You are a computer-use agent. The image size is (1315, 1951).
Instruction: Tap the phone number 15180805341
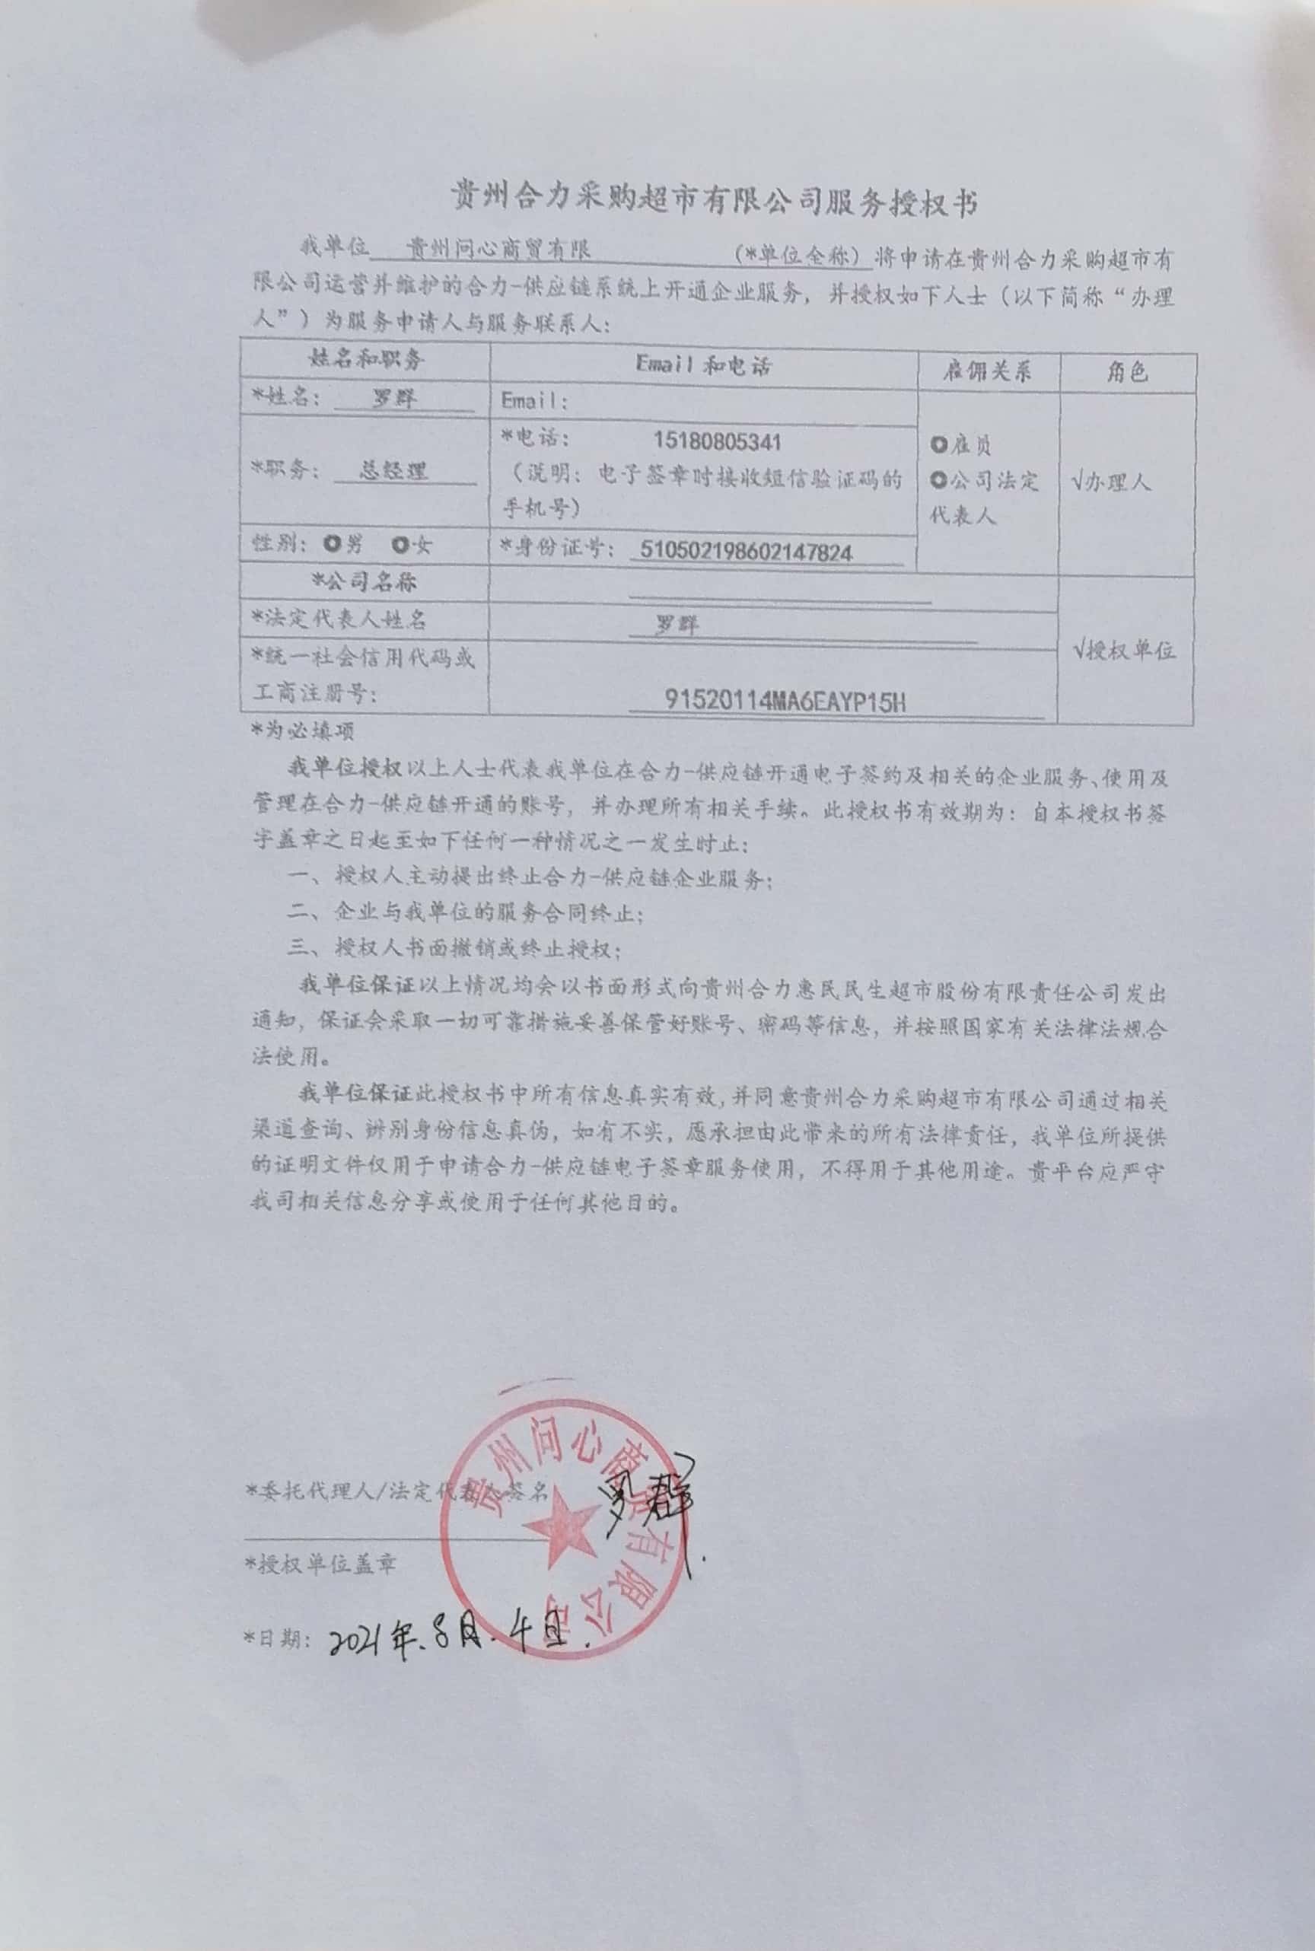(717, 442)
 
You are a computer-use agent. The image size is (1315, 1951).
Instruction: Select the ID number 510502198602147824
(746, 552)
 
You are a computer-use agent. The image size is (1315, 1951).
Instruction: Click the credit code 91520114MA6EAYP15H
(784, 701)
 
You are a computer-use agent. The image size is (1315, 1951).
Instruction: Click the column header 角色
(1126, 371)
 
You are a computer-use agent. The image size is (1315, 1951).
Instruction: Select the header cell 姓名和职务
(368, 360)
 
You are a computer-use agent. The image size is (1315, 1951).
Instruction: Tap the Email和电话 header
(703, 364)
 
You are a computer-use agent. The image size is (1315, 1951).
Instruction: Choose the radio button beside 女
(401, 545)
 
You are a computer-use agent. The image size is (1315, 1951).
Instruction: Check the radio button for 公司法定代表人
(938, 480)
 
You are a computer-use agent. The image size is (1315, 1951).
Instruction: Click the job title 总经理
(393, 470)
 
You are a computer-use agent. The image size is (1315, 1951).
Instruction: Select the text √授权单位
(1124, 650)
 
